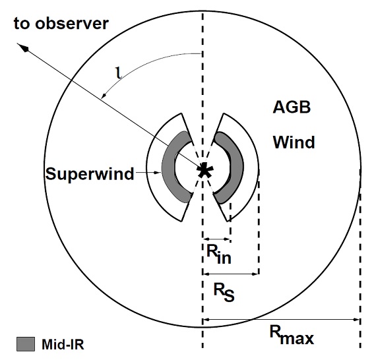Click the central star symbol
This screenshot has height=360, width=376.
coord(204,170)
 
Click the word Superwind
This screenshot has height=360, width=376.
coord(90,174)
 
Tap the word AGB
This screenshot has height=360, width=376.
coord(292,107)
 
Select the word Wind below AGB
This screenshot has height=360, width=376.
coord(294,142)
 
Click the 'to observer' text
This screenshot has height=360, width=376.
coord(61,23)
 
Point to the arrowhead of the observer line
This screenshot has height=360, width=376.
coord(22,47)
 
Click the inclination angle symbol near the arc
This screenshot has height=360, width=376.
coord(119,73)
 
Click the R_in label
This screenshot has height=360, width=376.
coord(219,255)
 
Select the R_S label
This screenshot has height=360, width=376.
coord(224,292)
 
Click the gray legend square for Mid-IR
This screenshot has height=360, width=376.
coord(26,344)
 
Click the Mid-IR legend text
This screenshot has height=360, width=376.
coord(63,345)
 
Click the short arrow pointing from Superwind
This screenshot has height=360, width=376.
coord(148,173)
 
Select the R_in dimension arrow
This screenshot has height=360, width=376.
coord(217,239)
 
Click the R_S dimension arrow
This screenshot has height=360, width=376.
coord(231,274)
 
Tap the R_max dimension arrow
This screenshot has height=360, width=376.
coord(282,320)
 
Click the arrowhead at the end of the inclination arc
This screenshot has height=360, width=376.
coord(104,96)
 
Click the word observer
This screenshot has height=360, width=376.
coord(72,24)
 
